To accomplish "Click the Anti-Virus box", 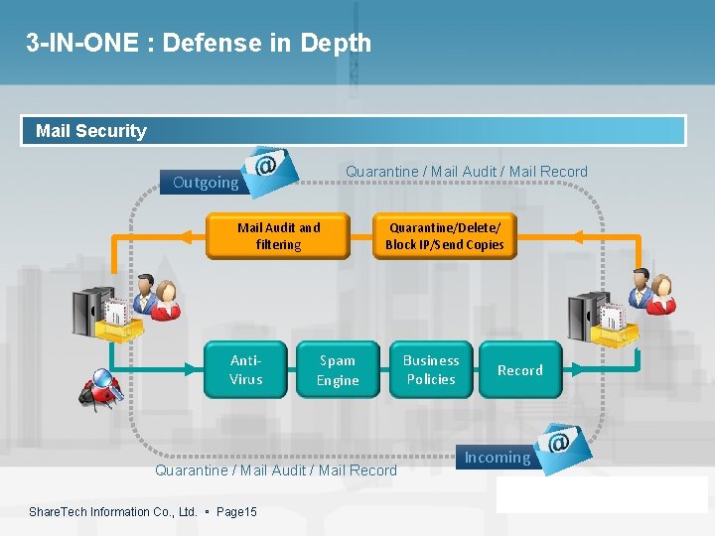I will [245, 369].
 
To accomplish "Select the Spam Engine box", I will [338, 369].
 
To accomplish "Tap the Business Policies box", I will [430, 369].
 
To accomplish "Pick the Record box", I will [520, 369].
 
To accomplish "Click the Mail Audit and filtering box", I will [278, 236].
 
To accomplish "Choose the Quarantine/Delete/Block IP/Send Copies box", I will [444, 236].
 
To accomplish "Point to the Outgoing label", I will [206, 183].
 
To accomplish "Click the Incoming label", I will [498, 458].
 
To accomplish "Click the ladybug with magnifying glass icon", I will [100, 388].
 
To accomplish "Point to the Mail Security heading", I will [90, 131].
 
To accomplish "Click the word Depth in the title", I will [337, 43].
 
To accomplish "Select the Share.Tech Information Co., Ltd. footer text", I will [113, 512].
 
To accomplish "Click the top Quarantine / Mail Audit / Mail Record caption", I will [466, 172].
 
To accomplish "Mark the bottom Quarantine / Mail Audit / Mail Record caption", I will [276, 470].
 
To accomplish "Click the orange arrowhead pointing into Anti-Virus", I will [195, 369].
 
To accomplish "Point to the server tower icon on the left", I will [94, 313].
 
